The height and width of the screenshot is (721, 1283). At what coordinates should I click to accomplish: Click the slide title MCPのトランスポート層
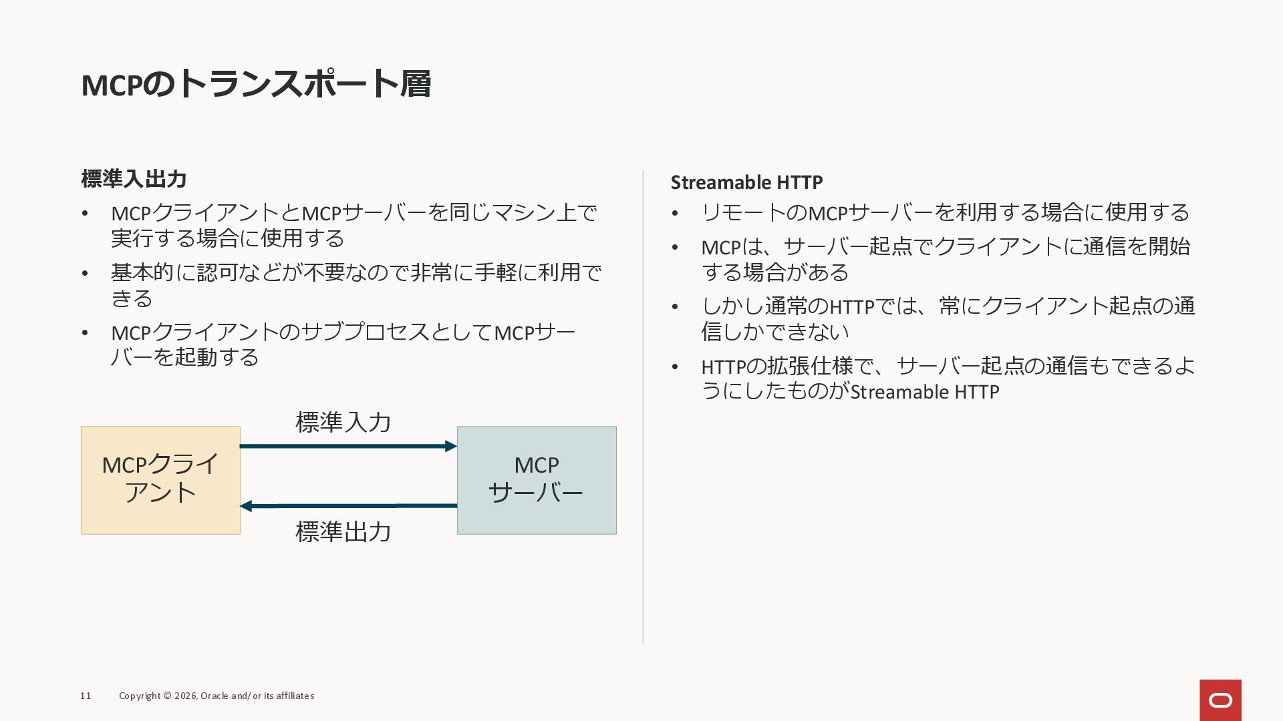point(256,84)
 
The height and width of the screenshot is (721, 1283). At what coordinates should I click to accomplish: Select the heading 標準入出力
point(134,179)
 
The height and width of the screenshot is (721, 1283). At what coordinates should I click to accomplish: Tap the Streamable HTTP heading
point(746,182)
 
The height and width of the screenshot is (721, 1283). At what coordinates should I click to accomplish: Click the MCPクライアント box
point(160,480)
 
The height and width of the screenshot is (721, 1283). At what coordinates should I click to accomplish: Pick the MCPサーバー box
point(537,480)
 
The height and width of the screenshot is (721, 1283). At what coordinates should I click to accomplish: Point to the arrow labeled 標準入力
point(347,446)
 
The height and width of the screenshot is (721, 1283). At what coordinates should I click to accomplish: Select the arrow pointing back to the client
point(347,506)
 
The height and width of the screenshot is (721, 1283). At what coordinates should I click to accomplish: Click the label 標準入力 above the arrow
point(343,422)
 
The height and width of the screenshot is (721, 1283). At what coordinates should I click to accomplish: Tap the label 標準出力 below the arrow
point(343,532)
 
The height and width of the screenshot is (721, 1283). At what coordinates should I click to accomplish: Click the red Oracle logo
point(1220,700)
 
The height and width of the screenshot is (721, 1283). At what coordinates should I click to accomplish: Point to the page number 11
point(86,696)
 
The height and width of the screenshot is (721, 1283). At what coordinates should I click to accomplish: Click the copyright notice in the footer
point(217,696)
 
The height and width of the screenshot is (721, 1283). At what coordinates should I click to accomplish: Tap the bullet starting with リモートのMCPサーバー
point(945,212)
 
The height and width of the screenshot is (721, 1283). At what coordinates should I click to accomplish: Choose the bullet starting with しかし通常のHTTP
point(948,318)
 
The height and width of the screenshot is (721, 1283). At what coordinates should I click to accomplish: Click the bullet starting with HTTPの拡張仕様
point(948,379)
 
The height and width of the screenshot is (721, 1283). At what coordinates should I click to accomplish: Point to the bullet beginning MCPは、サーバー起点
point(945,259)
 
